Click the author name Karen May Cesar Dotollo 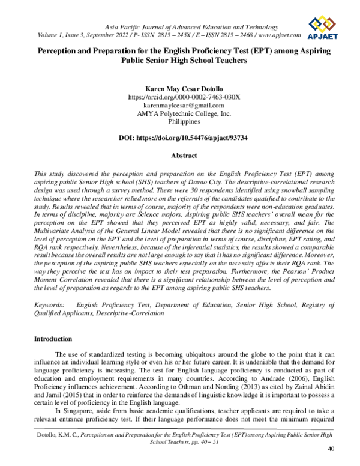180,87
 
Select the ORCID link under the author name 180,96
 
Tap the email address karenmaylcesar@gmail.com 180,104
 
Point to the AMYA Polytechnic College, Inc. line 180,113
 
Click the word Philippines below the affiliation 180,121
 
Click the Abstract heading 180,155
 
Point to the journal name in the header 184,28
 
